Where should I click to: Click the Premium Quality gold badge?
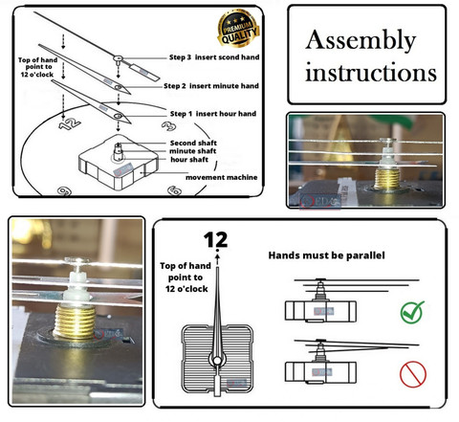(x=238, y=29)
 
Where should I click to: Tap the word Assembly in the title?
(x=361, y=41)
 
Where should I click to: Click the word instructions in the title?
(x=371, y=73)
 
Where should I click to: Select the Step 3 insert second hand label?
(x=214, y=57)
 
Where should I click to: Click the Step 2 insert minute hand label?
(x=211, y=86)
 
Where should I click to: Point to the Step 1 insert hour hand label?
(x=213, y=114)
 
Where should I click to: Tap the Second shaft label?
(x=193, y=143)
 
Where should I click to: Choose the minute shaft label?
(x=192, y=151)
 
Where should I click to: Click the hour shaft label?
(x=189, y=160)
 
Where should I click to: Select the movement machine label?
(x=222, y=177)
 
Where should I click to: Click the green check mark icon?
(x=412, y=312)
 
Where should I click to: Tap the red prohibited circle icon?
(x=413, y=374)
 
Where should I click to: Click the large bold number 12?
(x=216, y=240)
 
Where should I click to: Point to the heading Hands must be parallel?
(x=326, y=255)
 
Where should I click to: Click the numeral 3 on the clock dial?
(x=168, y=126)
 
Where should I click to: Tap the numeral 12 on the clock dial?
(x=70, y=123)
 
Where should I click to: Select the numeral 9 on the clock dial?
(x=64, y=191)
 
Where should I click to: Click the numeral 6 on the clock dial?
(x=174, y=190)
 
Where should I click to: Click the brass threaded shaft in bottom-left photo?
(x=76, y=321)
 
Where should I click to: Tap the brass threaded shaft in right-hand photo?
(x=386, y=179)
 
